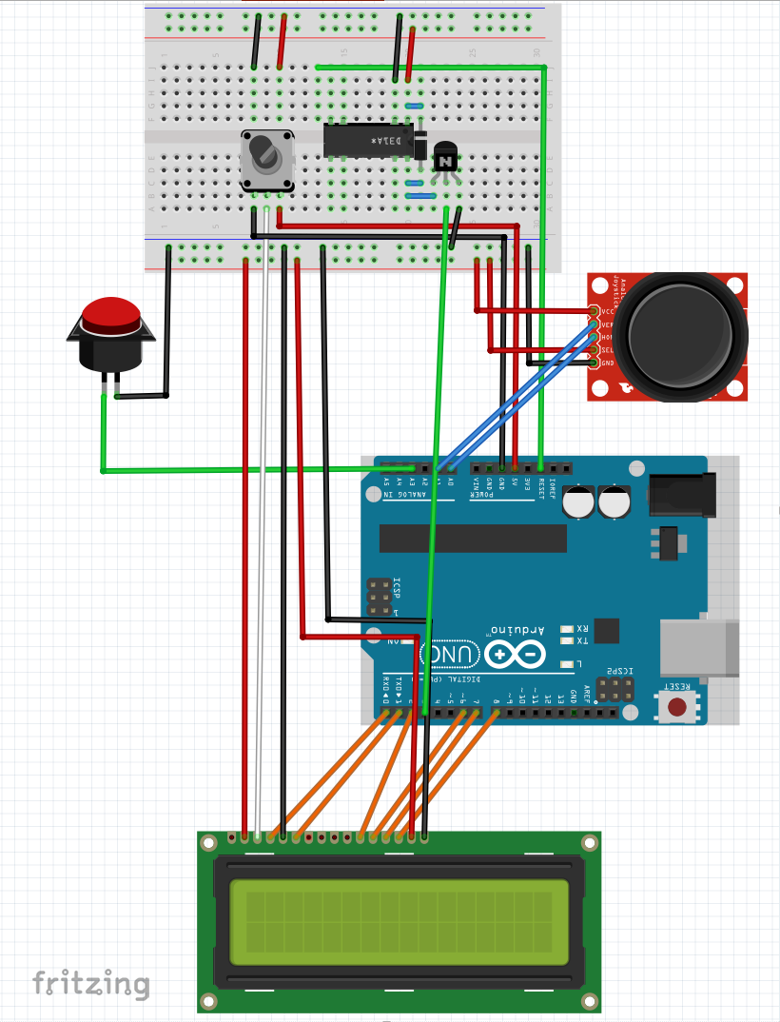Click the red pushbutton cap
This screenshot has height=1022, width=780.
111,313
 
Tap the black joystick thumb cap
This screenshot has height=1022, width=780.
684,334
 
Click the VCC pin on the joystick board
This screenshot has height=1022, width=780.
595,311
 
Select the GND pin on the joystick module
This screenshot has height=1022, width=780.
595,363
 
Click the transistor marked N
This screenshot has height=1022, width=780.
444,159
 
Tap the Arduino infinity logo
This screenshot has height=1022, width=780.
514,654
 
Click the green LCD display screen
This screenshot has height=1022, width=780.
399,919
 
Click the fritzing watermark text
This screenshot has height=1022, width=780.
91,983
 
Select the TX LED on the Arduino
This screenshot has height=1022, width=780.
570,641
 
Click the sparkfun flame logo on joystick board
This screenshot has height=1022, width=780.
625,387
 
